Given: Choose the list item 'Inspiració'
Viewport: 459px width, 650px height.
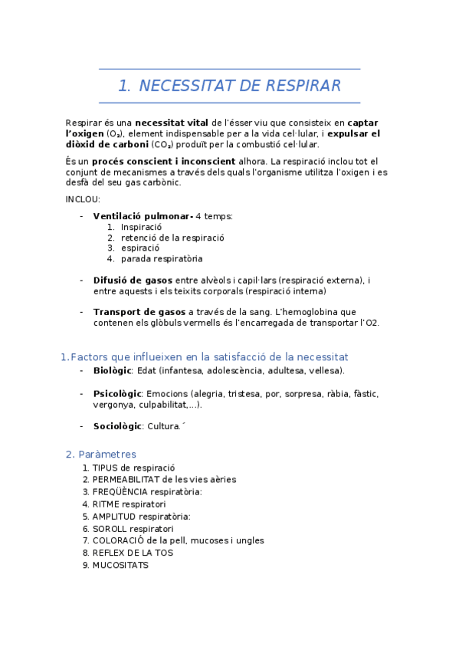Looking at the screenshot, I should tap(141, 227).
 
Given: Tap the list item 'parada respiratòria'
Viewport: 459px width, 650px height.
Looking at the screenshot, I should tap(162, 258).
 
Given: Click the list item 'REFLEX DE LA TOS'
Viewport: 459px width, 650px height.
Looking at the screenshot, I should tap(133, 553).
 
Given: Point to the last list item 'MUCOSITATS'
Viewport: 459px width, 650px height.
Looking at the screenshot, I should tap(120, 565).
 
